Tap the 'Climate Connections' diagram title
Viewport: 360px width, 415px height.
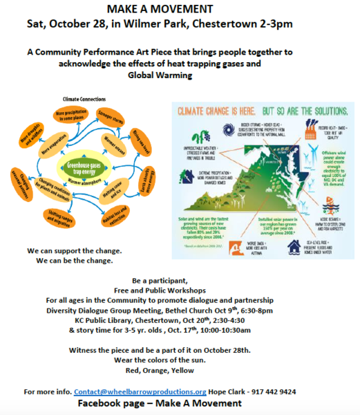(x=85, y=100)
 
